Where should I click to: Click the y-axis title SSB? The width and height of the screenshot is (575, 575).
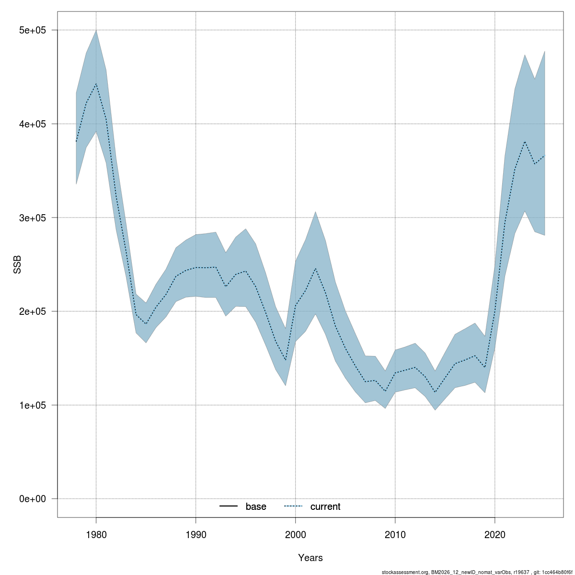(x=17, y=264)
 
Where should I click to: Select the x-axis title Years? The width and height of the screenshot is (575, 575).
(x=310, y=558)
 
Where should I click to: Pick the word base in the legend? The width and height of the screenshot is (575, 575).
(x=256, y=507)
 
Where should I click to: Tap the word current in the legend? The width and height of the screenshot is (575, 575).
(x=325, y=507)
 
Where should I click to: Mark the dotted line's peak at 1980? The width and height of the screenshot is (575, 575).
(x=96, y=84)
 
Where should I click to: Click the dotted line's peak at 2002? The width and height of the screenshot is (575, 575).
(x=315, y=268)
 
